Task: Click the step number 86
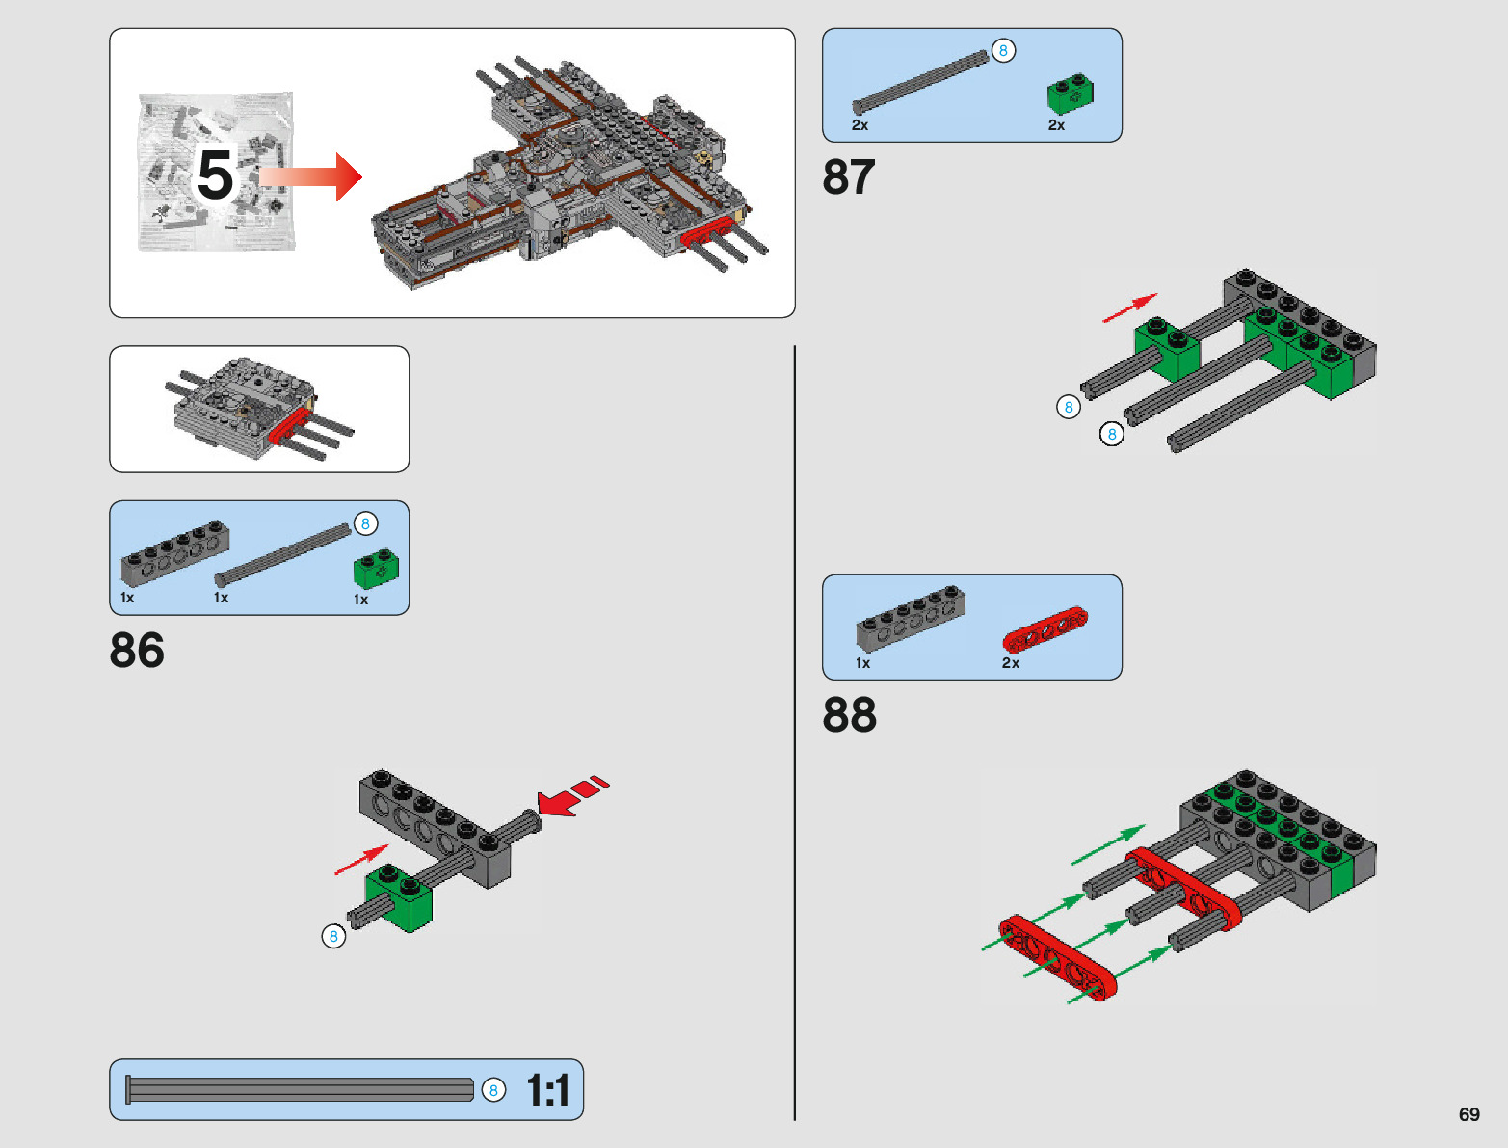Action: pyautogui.click(x=137, y=650)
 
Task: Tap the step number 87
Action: pyautogui.click(x=849, y=176)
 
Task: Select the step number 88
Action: pyautogui.click(x=849, y=714)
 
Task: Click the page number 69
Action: pyautogui.click(x=1468, y=1113)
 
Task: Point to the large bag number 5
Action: pyautogui.click(x=215, y=174)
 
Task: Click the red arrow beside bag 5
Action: pyautogui.click(x=310, y=176)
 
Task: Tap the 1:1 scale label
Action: pyautogui.click(x=547, y=1089)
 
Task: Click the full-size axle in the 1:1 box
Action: pyautogui.click(x=300, y=1089)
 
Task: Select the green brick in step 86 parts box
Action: pyautogui.click(x=376, y=569)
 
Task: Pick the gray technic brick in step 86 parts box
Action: pyautogui.click(x=175, y=552)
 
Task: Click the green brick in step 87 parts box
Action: pyautogui.click(x=1070, y=93)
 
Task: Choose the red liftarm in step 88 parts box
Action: pyautogui.click(x=1045, y=628)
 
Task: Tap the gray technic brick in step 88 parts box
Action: pyautogui.click(x=911, y=618)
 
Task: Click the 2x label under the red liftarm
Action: pyautogui.click(x=1010, y=663)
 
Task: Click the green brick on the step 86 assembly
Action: pyautogui.click(x=399, y=897)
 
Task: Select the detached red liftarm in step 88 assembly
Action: pyautogui.click(x=1057, y=957)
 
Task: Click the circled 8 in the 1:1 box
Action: pyautogui.click(x=493, y=1090)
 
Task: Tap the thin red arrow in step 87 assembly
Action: pyautogui.click(x=1130, y=307)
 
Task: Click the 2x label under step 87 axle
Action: pyautogui.click(x=860, y=125)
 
